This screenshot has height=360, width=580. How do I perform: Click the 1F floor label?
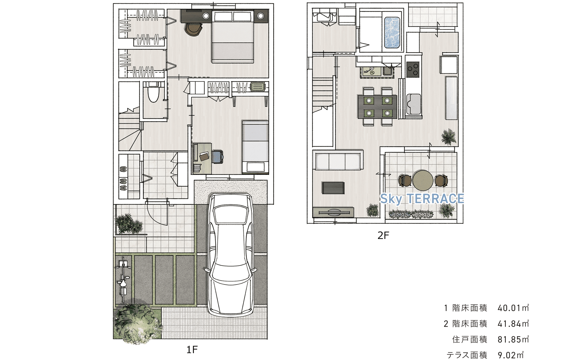192,350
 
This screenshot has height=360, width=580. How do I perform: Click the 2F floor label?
383,235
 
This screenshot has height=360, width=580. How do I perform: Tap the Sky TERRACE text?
422,199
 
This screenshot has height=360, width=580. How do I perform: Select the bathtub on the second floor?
392,32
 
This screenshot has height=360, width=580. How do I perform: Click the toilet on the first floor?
153,92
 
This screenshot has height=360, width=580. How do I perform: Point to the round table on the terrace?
423,180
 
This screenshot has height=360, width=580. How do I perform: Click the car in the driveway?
230,254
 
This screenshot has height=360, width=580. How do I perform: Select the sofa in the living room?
338,160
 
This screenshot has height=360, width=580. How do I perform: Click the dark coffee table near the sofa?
333,188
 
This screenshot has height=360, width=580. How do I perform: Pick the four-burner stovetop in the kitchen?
413,69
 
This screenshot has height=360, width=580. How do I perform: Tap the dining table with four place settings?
378,107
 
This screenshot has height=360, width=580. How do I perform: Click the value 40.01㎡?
513,308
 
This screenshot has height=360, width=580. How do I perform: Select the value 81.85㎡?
513,339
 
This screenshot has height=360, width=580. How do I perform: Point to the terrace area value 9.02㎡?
510,355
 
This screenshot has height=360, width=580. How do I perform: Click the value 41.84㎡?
513,324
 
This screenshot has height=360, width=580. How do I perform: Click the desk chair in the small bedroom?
218,157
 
